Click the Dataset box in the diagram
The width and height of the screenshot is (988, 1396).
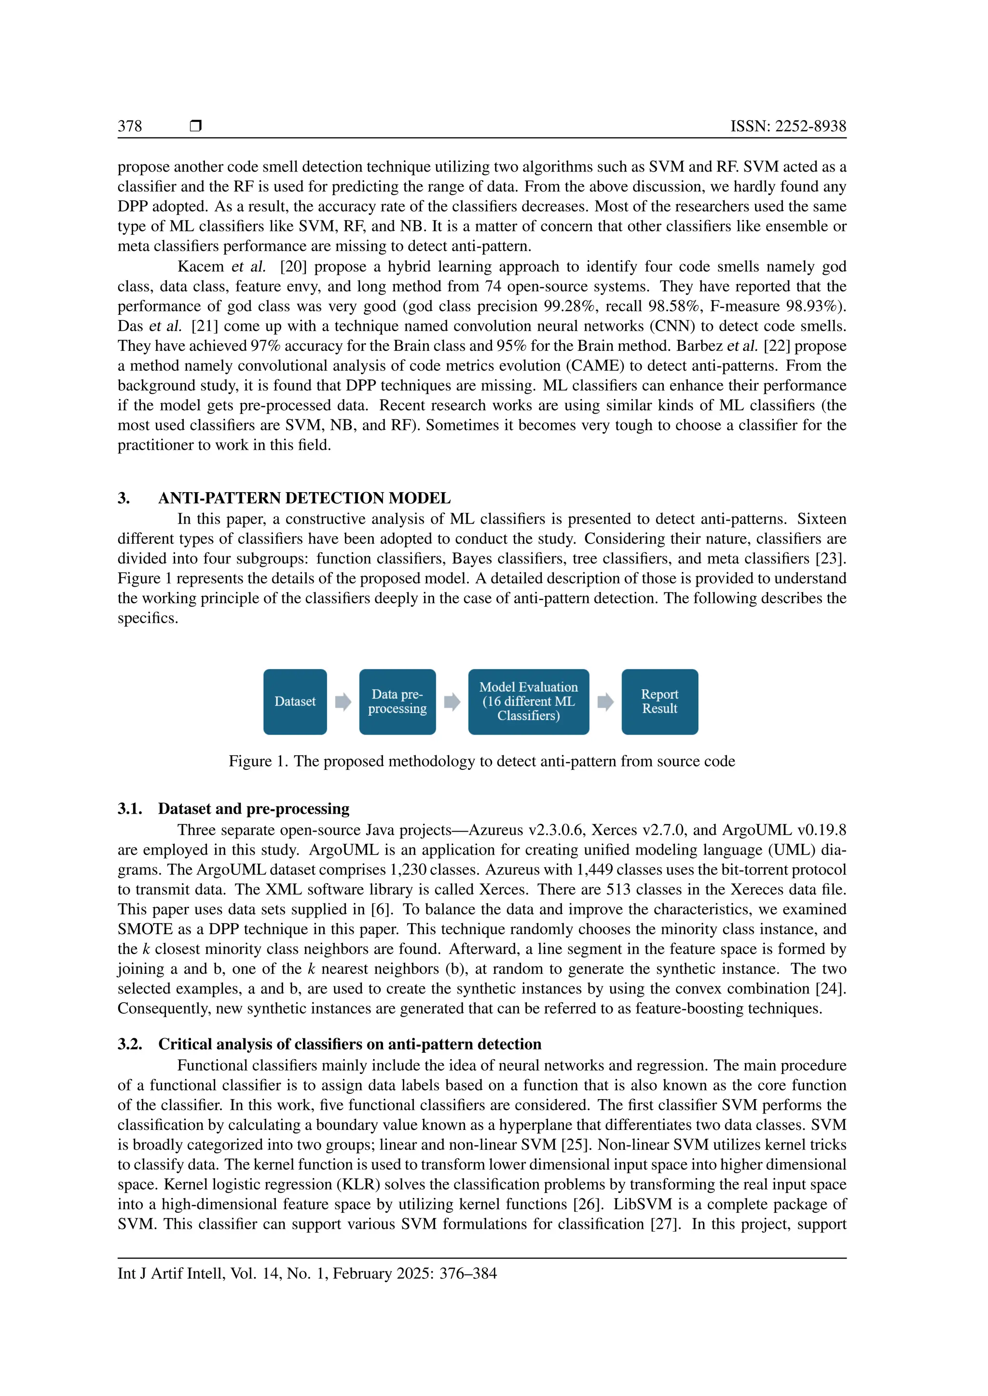(x=295, y=702)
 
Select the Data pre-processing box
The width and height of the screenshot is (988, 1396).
(x=397, y=702)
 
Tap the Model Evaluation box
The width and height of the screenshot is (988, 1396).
(x=528, y=702)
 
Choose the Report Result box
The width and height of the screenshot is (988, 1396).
(x=659, y=702)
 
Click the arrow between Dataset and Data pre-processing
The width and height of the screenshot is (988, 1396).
(x=343, y=702)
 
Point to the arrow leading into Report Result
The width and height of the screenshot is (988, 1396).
(x=605, y=702)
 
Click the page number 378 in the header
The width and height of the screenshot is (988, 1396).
(x=130, y=126)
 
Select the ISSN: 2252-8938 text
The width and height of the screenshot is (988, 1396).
(x=788, y=126)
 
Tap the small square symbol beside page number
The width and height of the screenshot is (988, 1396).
(x=195, y=126)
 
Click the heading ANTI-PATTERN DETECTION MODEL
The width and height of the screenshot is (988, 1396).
(x=304, y=498)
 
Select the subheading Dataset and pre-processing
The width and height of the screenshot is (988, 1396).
(x=254, y=809)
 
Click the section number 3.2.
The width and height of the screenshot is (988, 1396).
(x=130, y=1044)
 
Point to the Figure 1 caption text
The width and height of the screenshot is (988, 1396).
(x=481, y=761)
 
